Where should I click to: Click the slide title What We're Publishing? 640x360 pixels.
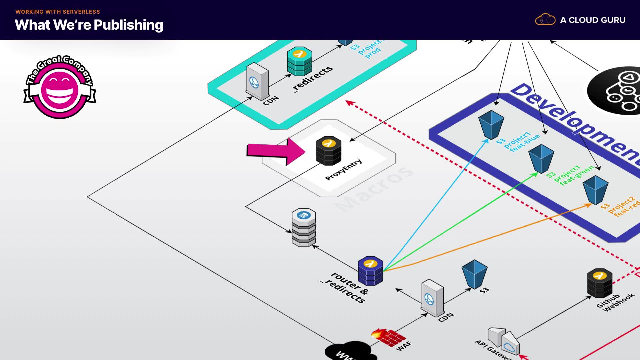(89, 25)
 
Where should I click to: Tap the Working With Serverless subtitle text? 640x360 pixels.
(58, 12)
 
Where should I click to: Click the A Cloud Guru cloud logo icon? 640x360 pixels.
(545, 20)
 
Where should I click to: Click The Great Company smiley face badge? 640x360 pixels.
(60, 87)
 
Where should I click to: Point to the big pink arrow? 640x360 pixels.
(275, 151)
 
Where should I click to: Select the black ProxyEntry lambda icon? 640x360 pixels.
(329, 151)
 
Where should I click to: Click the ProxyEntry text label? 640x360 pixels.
(343, 170)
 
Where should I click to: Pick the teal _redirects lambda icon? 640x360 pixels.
(300, 61)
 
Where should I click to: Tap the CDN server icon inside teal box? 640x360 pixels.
(257, 81)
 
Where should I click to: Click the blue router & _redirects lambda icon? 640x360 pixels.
(370, 271)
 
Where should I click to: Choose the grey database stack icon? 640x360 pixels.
(304, 227)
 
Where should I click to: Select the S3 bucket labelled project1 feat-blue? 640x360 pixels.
(491, 125)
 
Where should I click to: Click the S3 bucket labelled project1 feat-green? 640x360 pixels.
(541, 159)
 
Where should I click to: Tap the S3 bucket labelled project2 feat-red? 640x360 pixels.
(595, 190)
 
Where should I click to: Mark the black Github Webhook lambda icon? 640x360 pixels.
(600, 283)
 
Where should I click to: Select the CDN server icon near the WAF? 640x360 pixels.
(432, 298)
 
